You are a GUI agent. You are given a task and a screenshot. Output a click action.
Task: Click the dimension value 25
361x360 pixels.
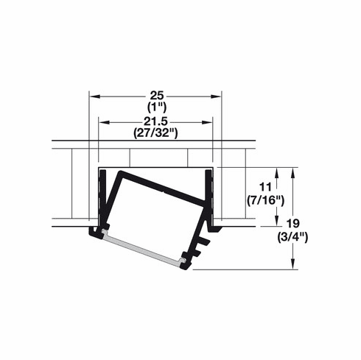point(155,96)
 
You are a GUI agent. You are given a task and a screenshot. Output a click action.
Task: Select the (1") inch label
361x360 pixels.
point(155,107)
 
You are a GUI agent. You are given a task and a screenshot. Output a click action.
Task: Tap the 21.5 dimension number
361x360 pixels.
point(155,121)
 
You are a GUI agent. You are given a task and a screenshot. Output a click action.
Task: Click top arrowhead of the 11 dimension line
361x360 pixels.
point(276,172)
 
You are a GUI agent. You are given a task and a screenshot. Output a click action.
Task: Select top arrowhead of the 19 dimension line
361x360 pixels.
point(295,172)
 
